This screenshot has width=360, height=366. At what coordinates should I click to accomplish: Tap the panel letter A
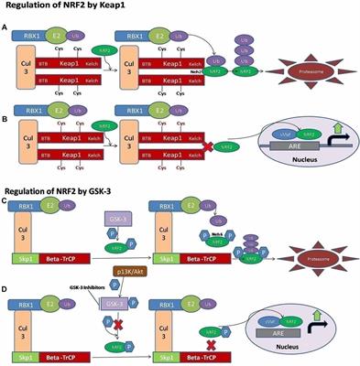7,29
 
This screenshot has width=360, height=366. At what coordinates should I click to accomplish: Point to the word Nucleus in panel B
308,172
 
